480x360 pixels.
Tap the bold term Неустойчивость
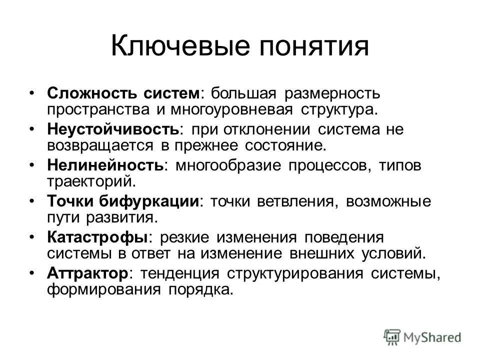coord(113,129)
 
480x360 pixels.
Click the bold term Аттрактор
coord(88,273)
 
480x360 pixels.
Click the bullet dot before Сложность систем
coord(32,93)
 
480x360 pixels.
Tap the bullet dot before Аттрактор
coord(32,273)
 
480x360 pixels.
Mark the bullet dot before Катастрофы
coord(32,237)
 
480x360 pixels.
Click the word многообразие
coord(227,165)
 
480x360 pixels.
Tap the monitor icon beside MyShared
coord(392,337)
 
